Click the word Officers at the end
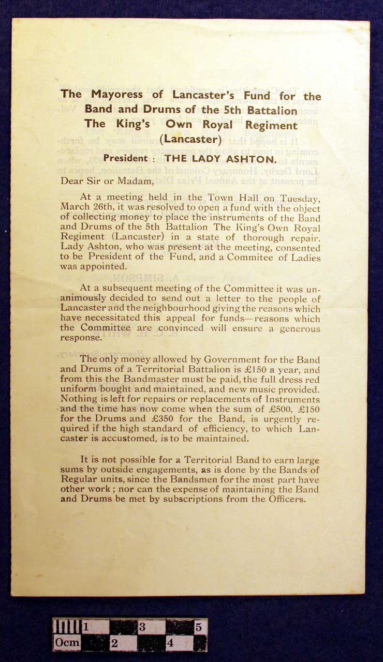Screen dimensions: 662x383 285,499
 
